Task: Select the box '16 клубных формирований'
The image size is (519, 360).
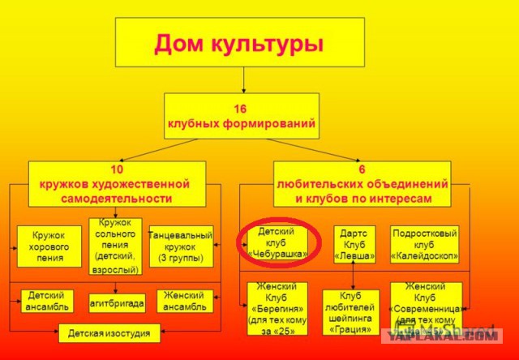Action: (243, 116)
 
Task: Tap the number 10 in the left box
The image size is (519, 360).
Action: (117, 171)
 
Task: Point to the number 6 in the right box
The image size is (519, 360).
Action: (362, 171)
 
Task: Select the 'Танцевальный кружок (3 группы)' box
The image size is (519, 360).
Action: (181, 246)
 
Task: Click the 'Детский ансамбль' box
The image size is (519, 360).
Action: (48, 302)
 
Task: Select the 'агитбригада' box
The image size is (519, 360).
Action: (117, 302)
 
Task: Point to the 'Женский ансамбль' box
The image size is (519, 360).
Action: (185, 302)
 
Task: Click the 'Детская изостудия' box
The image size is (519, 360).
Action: (109, 332)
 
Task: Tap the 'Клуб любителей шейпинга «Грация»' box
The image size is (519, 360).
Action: (350, 312)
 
